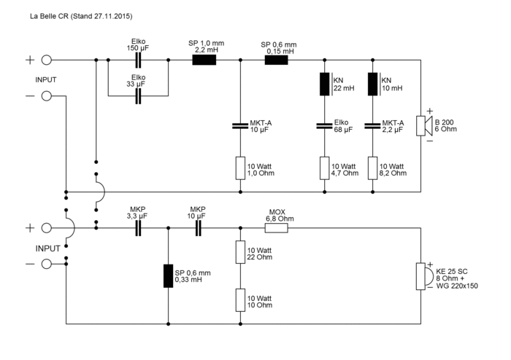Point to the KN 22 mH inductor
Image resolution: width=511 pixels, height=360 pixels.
tap(324, 85)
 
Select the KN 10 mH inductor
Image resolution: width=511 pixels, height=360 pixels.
tap(373, 85)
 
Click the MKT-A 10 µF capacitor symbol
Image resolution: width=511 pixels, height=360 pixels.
tap(240, 125)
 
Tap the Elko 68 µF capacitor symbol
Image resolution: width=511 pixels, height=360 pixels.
tap(324, 125)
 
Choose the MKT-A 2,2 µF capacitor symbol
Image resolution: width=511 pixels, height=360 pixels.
tap(373, 125)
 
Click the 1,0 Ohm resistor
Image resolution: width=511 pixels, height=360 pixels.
tap(240, 168)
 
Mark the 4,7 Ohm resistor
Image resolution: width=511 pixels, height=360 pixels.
tap(324, 168)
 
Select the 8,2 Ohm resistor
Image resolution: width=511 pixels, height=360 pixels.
tap(373, 168)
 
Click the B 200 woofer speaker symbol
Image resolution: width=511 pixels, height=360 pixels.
tap(421, 125)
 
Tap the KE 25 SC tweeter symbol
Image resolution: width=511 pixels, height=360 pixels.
tap(420, 275)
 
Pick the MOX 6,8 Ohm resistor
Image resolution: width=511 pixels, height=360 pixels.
tap(277, 227)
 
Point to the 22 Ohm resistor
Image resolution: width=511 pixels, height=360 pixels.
tap(240, 253)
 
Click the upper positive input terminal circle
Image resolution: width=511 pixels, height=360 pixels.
tap(46, 61)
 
